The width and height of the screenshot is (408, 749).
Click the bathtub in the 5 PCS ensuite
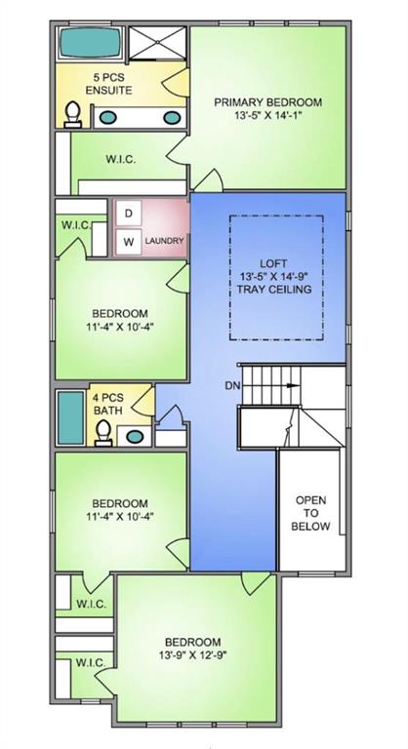91,42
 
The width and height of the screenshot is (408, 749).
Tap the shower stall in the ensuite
157,43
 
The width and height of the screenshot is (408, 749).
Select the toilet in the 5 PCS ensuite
72,115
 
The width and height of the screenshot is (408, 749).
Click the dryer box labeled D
128,213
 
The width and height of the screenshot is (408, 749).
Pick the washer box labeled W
128,242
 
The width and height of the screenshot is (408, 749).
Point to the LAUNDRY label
165,241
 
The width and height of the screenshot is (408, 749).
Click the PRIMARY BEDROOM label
267,102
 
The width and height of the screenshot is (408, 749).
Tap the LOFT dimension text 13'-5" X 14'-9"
273,276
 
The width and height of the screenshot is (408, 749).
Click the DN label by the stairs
232,385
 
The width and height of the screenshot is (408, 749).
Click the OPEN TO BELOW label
310,514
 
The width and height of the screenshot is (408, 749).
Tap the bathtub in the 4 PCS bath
71,418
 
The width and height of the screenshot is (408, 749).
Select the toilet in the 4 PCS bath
103,433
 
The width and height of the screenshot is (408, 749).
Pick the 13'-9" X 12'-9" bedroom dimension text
192,655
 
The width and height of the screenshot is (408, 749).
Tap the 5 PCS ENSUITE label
109,84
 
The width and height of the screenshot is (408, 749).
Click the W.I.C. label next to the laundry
77,225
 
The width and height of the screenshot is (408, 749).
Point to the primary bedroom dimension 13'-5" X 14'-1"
267,115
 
